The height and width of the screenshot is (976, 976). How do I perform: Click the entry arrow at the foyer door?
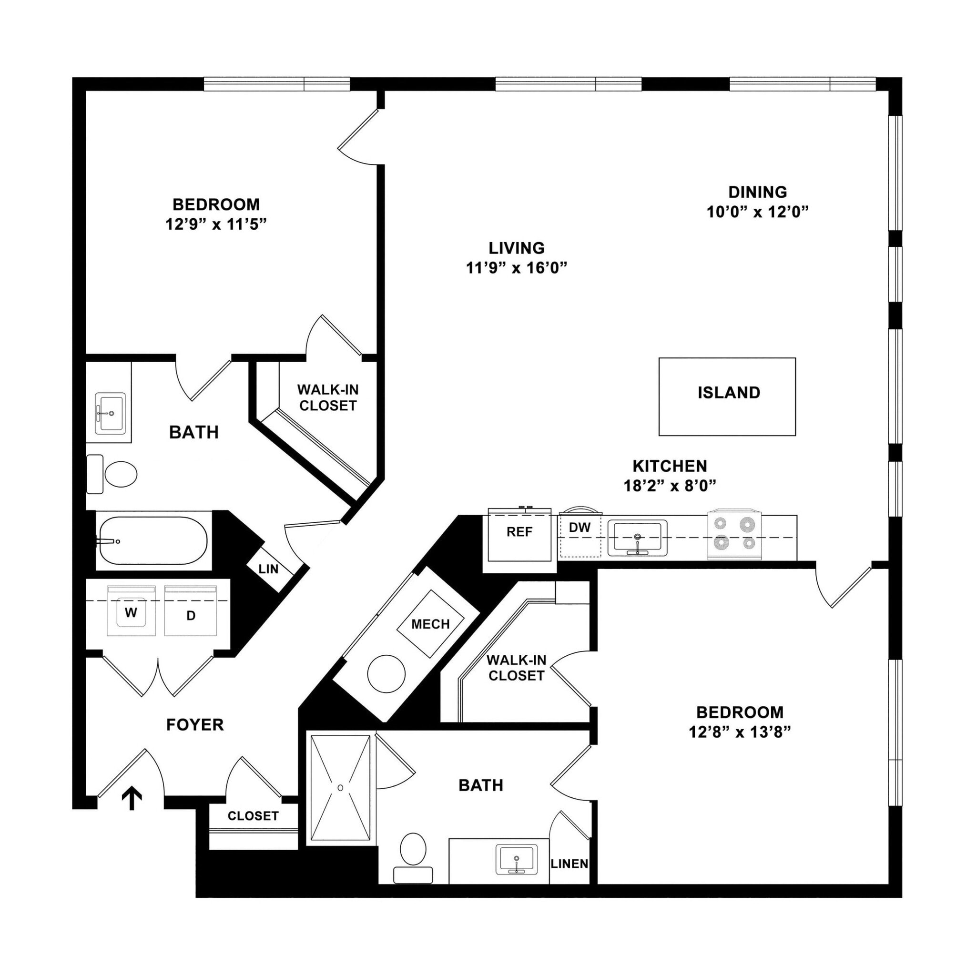(132, 799)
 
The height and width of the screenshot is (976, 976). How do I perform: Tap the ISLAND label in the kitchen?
(729, 393)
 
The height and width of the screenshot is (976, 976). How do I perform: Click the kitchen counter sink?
(637, 538)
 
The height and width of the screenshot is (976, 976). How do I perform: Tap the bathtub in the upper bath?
(153, 540)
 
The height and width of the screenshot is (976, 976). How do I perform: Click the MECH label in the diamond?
(430, 624)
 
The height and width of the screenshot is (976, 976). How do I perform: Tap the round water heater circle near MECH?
(386, 674)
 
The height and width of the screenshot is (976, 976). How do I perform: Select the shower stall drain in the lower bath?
(340, 788)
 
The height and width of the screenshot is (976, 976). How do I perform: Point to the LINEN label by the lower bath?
(569, 864)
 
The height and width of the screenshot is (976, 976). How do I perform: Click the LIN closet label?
(268, 569)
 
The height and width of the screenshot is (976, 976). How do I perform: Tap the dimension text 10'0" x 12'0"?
(757, 212)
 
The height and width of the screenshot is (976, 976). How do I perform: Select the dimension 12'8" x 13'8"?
(740, 732)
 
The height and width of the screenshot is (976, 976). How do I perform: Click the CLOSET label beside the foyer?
(253, 816)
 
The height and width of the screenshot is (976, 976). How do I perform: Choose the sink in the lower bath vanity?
(516, 859)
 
